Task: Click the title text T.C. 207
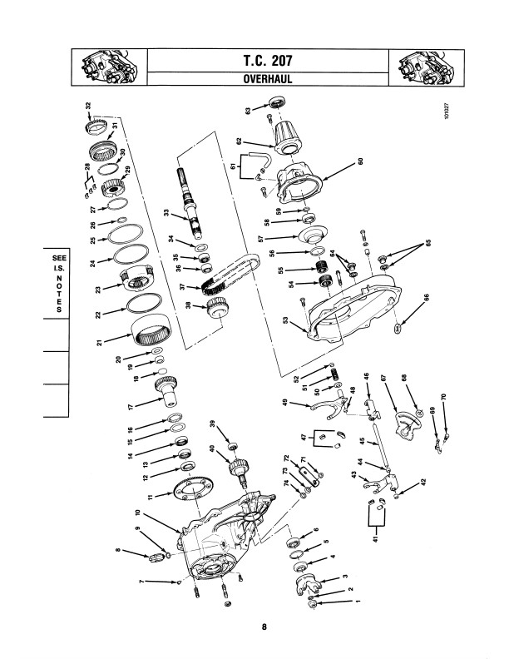tap(268, 61)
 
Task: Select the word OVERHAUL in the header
tap(268, 79)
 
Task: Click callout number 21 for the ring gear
tap(100, 343)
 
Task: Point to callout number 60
tap(360, 161)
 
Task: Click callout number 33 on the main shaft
tap(166, 213)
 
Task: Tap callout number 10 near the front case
tap(137, 513)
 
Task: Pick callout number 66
tap(427, 297)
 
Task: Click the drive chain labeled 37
tap(231, 273)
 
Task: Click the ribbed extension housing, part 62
tap(287, 136)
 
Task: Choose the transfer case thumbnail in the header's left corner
tap(109, 67)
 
